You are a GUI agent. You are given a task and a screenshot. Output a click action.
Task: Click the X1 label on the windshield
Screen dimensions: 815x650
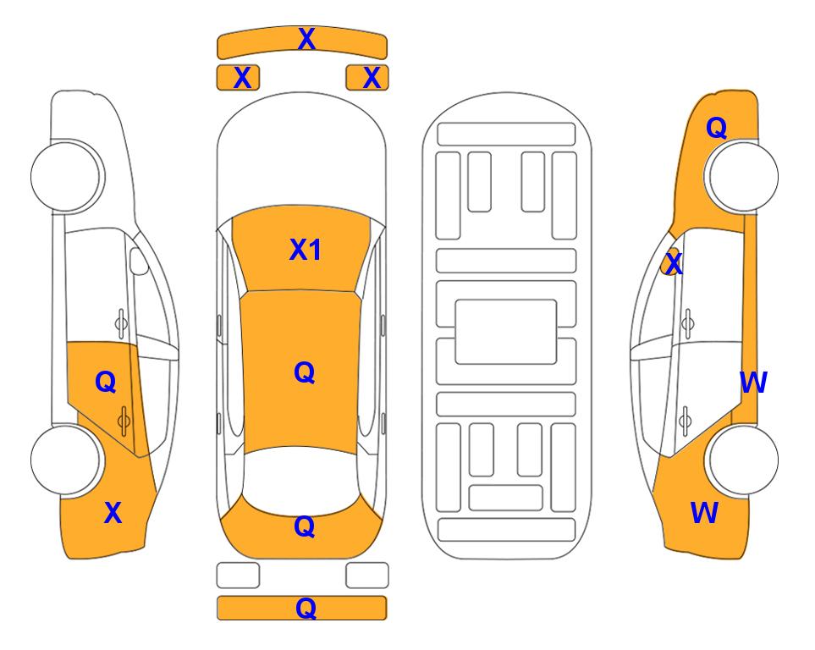tap(306, 250)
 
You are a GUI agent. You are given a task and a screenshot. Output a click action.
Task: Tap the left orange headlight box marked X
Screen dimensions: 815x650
tap(238, 78)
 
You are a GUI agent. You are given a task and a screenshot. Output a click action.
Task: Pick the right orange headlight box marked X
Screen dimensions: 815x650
tap(367, 78)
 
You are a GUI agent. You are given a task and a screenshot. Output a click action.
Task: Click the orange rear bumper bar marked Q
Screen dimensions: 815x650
tap(301, 608)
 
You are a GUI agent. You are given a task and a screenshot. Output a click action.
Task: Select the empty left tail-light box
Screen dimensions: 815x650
tap(238, 576)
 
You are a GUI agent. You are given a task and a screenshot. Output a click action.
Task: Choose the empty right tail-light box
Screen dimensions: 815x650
tap(367, 576)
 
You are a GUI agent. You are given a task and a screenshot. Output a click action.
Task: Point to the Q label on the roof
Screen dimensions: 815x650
tap(305, 372)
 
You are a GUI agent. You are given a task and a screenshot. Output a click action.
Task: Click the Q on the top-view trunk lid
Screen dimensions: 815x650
tap(305, 526)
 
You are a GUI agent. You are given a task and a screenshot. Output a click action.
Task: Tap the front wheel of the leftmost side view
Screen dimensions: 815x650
tap(65, 176)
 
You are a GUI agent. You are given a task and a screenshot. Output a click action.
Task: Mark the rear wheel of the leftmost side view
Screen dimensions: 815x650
tap(65, 460)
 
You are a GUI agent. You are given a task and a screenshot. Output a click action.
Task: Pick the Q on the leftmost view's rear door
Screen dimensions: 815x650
tap(106, 383)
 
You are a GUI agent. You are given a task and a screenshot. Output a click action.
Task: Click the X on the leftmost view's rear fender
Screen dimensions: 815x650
tap(113, 513)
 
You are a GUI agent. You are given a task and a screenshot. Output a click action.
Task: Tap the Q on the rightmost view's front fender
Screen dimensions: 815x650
tap(717, 128)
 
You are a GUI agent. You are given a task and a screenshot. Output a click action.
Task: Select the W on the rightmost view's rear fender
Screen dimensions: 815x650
tap(705, 513)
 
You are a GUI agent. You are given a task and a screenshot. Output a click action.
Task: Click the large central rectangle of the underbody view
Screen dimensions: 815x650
tap(506, 332)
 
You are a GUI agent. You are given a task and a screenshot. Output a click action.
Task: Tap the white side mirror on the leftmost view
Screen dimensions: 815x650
tap(139, 261)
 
